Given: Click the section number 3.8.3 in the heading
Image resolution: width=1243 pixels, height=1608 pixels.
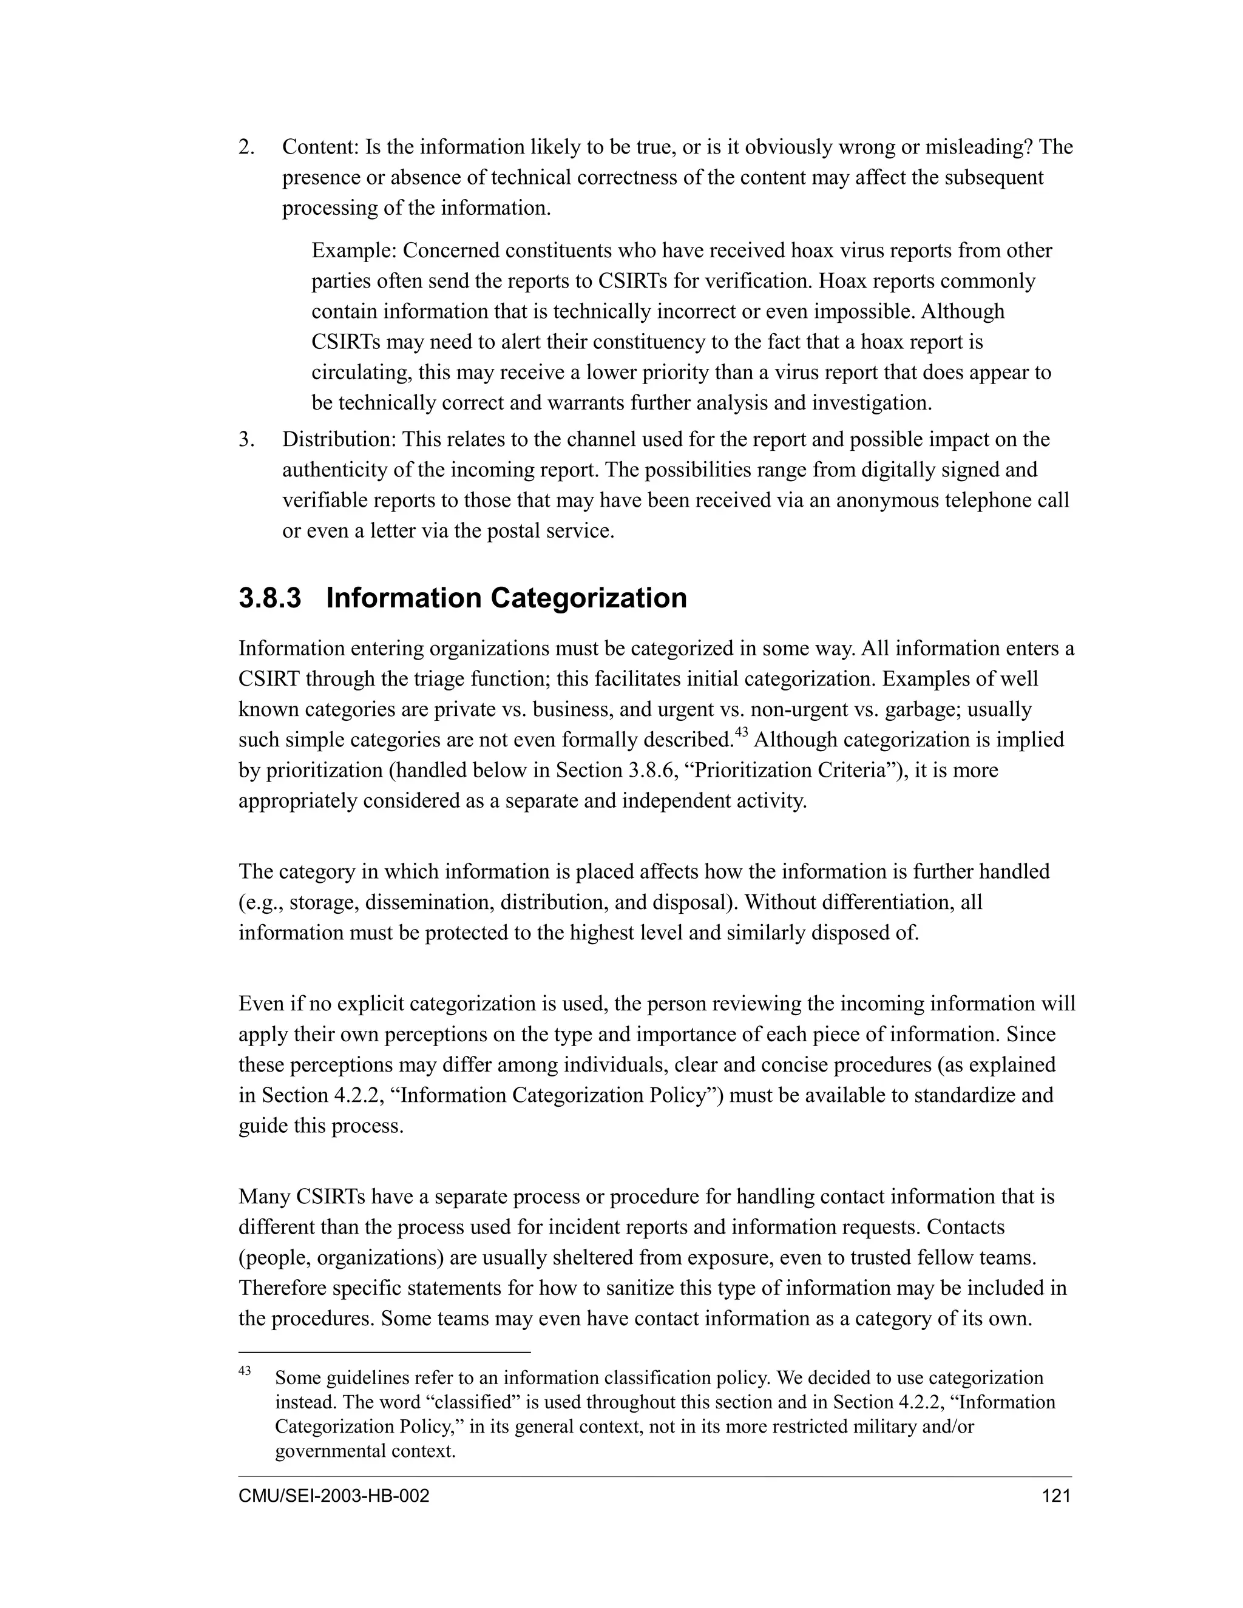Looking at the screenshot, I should pos(269,598).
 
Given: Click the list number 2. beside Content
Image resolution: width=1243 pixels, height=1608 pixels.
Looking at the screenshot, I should pos(246,147).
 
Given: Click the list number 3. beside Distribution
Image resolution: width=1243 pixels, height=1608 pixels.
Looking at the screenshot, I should pos(246,439).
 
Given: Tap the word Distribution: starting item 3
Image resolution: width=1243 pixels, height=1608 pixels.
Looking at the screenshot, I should pos(339,439).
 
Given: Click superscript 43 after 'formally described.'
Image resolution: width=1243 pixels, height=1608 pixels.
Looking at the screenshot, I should pos(742,732).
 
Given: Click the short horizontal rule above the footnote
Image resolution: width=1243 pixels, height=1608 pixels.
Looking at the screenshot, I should pos(384,1353).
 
